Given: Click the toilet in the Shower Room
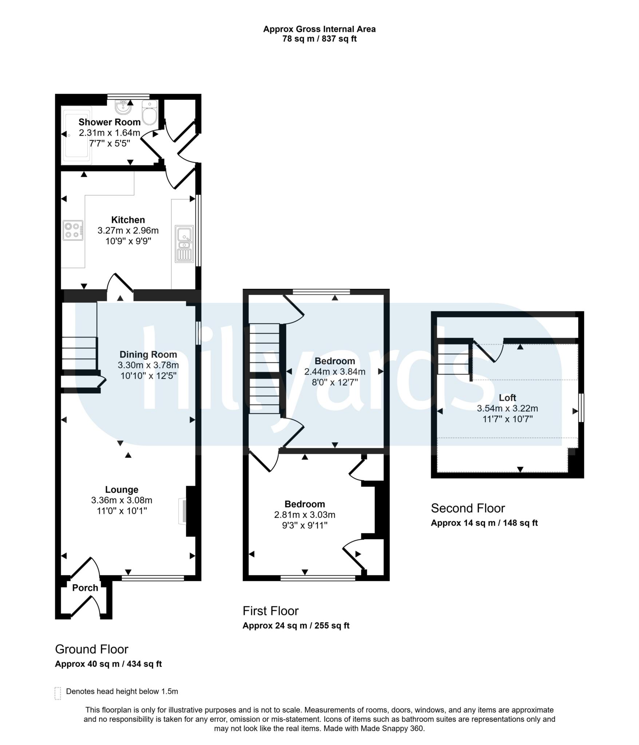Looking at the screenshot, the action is click(150, 112).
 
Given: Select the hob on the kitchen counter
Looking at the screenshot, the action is click(73, 230).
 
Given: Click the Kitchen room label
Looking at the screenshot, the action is click(128, 220).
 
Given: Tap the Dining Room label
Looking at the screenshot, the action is click(148, 354).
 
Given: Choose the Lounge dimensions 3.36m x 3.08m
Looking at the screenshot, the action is click(122, 500).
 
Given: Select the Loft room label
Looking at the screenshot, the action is click(508, 398).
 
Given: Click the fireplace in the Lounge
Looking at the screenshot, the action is click(183, 511).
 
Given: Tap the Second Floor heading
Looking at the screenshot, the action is click(468, 508).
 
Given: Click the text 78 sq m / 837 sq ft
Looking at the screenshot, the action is click(319, 39).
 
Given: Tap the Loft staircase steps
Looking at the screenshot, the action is click(453, 359).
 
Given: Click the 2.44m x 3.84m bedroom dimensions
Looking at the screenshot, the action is click(335, 371).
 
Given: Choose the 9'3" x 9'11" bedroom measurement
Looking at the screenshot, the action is click(305, 525).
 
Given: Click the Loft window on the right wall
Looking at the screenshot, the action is click(581, 407).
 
